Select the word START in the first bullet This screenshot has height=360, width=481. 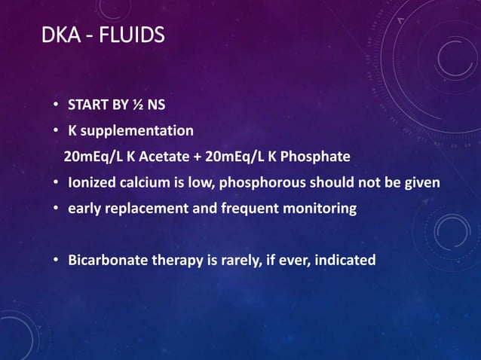(x=88, y=105)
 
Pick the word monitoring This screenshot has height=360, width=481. (x=317, y=209)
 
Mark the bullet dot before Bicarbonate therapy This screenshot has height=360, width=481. (x=57, y=261)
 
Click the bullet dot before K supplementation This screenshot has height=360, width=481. (x=57, y=132)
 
